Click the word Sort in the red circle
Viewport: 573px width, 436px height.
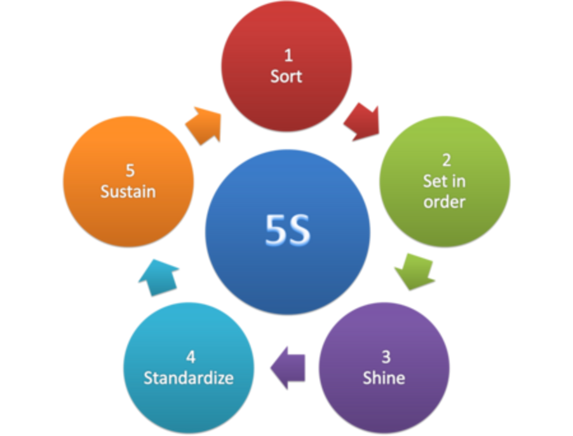tap(286, 76)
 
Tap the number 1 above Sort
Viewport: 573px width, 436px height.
tap(288, 56)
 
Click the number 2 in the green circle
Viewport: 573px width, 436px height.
tap(445, 160)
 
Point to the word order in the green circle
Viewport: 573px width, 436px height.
tap(445, 202)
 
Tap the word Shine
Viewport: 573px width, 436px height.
tap(384, 377)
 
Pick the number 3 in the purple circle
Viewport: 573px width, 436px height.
tap(384, 357)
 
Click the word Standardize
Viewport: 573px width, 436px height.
tap(189, 377)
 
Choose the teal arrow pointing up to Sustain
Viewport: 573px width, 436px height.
tap(158, 274)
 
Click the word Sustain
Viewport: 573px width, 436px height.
tap(128, 191)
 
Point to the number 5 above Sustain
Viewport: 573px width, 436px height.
tap(130, 171)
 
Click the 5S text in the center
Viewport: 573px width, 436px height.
tap(288, 230)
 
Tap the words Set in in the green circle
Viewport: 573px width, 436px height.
tap(445, 181)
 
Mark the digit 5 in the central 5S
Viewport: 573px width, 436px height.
tap(276, 230)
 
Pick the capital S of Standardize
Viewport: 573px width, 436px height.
tap(147, 377)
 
